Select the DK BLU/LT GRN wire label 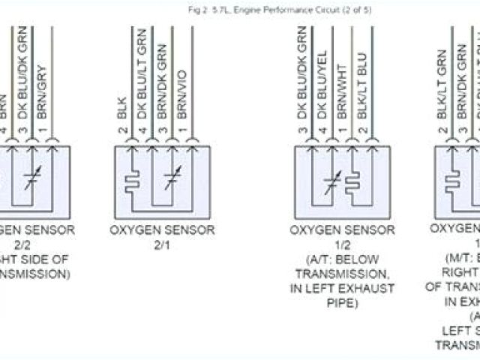[x=140, y=72]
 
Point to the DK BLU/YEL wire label [x=322, y=72]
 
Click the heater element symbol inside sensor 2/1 [x=133, y=181]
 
